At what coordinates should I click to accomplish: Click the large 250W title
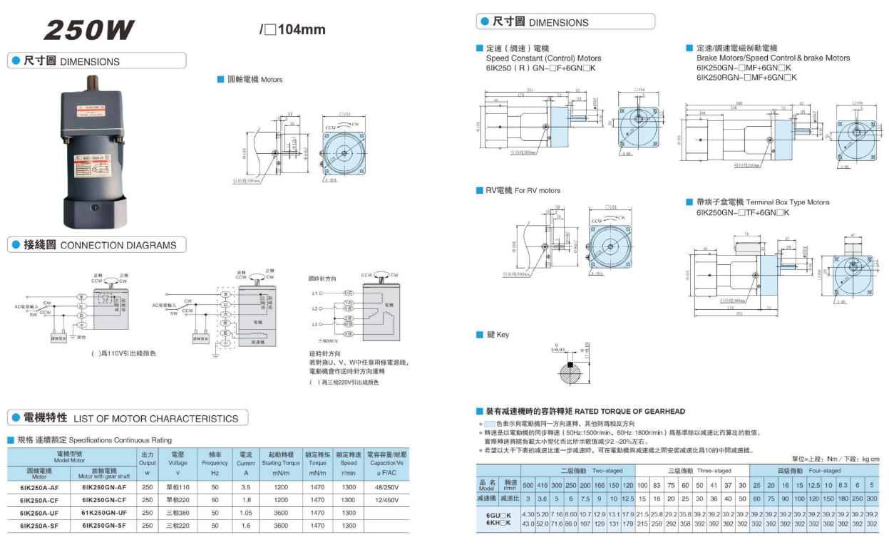pos(89,30)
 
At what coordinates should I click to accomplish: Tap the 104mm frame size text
pos(299,30)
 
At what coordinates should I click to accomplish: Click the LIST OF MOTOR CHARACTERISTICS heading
pos(155,418)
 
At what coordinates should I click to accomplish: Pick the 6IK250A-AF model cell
pos(40,486)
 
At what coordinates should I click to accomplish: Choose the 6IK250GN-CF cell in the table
pos(103,500)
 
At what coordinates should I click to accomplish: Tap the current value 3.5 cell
pos(246,486)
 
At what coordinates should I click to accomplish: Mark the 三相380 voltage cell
pos(178,513)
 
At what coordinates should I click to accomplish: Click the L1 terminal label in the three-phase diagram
pos(314,293)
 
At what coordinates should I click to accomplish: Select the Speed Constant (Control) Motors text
pos(543,58)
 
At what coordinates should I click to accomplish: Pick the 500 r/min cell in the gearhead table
pos(528,484)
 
